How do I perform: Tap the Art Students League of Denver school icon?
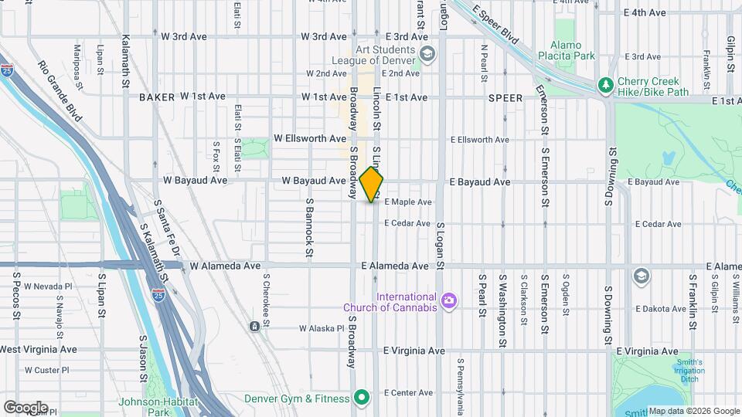427,54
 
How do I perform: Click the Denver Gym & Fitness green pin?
361,398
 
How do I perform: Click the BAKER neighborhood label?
158,97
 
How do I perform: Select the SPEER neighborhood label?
505,98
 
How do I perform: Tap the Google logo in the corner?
25,407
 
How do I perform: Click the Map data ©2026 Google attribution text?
694,411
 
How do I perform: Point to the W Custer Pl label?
46,370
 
